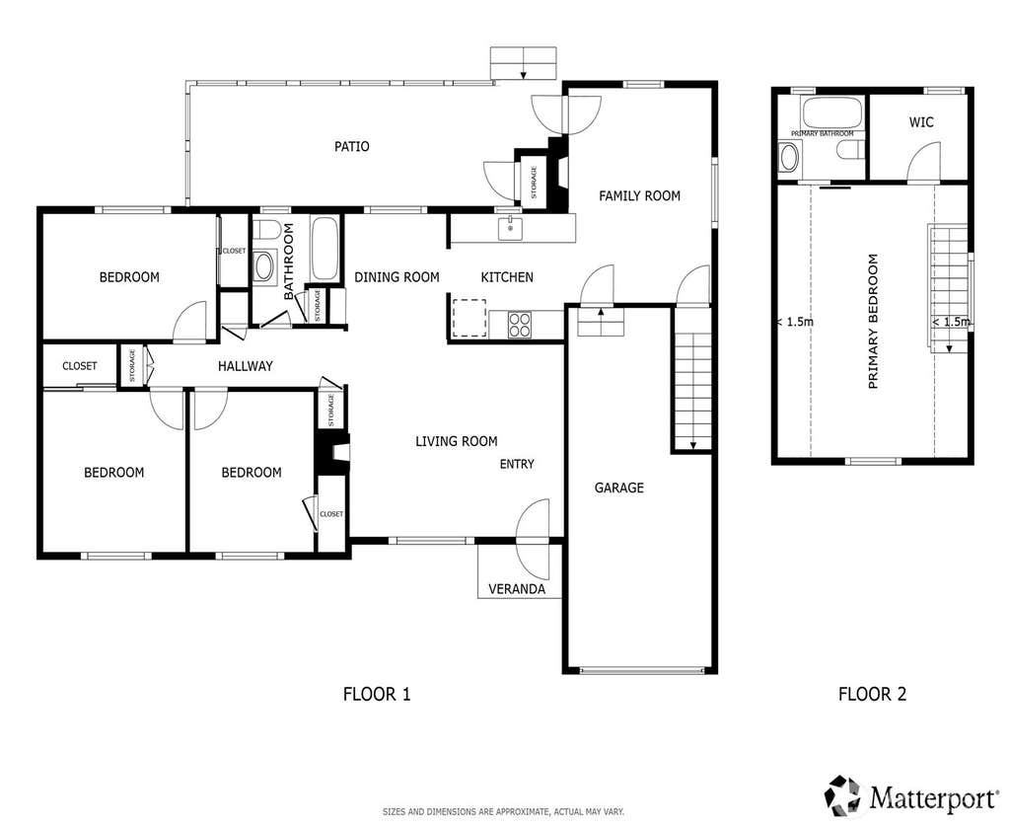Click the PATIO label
(352, 146)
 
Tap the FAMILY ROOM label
(639, 195)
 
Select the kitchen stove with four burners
(520, 325)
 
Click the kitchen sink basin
(510, 228)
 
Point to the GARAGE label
(619, 488)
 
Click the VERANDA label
(517, 589)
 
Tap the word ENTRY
(517, 464)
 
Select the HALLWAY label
(246, 366)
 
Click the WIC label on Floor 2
(921, 121)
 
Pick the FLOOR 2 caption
(872, 694)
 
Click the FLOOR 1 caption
(377, 694)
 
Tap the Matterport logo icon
(844, 795)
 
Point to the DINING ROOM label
(397, 277)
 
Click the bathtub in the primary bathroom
(832, 113)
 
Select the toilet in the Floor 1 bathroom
(264, 230)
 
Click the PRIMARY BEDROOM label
(874, 321)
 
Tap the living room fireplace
(333, 449)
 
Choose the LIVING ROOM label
(456, 441)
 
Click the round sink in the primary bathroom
(788, 157)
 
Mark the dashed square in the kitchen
(469, 318)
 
